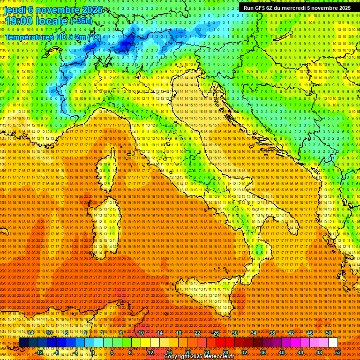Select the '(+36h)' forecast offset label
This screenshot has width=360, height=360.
[82, 21]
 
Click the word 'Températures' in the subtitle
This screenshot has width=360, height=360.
[28, 37]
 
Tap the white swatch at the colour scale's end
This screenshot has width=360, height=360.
[333, 343]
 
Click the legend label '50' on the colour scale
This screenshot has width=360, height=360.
[328, 333]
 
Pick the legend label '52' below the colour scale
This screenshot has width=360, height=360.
[337, 352]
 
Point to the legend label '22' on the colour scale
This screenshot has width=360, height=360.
[197, 333]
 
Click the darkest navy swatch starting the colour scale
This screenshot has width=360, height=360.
[23, 343]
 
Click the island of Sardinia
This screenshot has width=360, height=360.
[108, 220]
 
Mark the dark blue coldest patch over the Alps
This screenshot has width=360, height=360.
[126, 45]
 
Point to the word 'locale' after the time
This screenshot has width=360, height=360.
[52, 21]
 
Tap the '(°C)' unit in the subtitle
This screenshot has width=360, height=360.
[93, 37]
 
